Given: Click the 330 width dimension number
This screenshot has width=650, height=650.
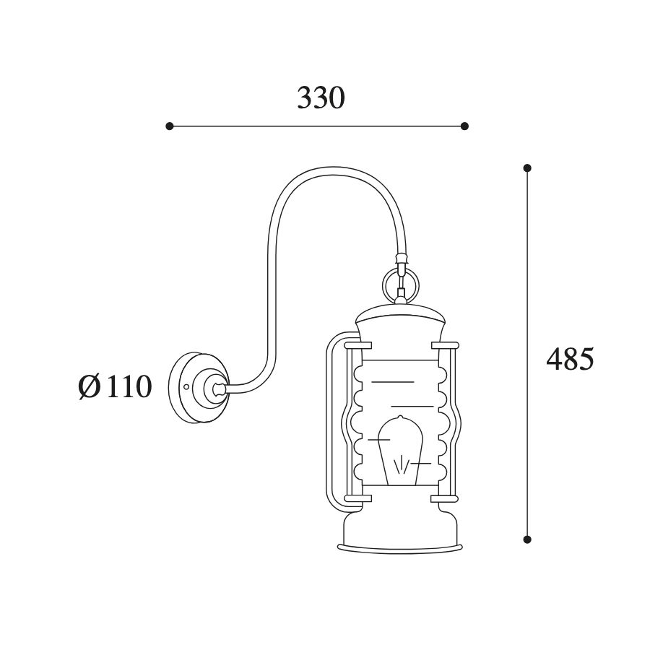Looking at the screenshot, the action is tap(321, 98).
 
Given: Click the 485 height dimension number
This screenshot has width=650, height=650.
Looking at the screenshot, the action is tap(570, 359).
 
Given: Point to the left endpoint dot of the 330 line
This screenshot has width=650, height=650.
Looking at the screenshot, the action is tap(169, 126).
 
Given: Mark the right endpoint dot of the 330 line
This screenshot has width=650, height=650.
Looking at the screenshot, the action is tap(464, 126).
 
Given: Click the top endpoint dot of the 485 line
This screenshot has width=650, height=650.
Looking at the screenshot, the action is tap(527, 168).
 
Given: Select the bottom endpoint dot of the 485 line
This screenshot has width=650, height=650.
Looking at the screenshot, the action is tap(527, 539).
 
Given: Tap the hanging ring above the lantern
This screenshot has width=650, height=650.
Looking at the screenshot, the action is tap(400, 285).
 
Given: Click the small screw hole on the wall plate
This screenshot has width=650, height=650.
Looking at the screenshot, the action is tap(186, 387).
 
